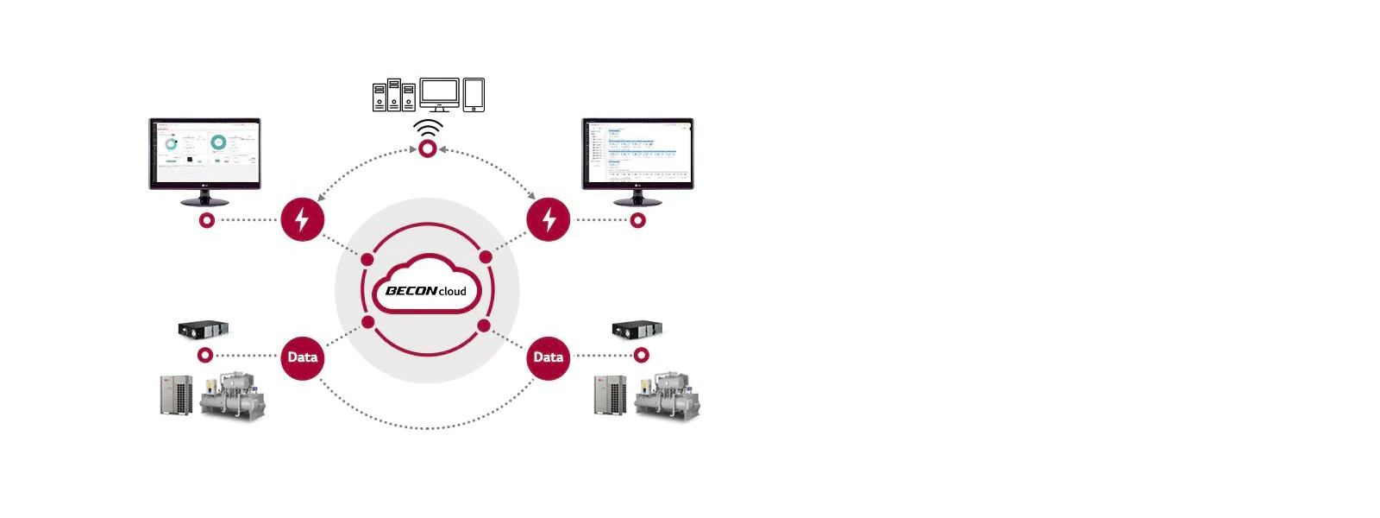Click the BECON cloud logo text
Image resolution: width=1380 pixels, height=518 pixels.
click(x=426, y=291)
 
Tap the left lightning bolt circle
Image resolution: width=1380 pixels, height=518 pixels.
click(x=302, y=219)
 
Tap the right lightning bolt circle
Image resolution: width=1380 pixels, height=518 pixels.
click(x=549, y=219)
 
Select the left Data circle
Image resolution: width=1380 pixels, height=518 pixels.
click(x=302, y=357)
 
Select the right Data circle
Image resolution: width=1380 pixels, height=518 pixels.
click(x=549, y=357)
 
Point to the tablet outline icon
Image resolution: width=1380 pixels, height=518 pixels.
click(x=474, y=95)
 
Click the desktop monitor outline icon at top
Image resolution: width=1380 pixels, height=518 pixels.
click(x=439, y=94)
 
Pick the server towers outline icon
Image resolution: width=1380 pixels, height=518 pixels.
click(x=394, y=96)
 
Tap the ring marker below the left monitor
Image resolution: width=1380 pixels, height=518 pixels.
click(x=206, y=220)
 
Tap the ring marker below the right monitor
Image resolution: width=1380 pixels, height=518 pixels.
click(x=638, y=220)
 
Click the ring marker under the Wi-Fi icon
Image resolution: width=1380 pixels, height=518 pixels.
click(x=427, y=149)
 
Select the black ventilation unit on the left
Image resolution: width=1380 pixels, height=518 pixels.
click(x=204, y=329)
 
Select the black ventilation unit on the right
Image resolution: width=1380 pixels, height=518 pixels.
click(x=637, y=329)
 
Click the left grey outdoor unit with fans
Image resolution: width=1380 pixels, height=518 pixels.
click(x=177, y=395)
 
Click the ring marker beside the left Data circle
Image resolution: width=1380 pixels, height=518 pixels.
click(x=205, y=356)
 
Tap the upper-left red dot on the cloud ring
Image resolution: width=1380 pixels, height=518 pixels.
click(x=367, y=259)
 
